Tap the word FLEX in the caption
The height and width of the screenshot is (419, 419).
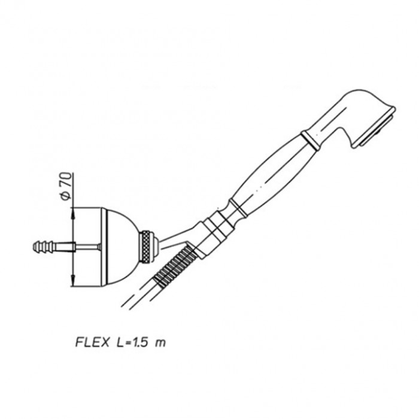tap(92, 342)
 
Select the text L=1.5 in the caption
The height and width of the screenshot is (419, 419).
tap(132, 342)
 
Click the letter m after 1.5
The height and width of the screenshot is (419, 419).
tap(160, 343)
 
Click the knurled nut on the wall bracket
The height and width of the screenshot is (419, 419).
tap(146, 247)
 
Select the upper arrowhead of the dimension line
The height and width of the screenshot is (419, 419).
tap(72, 214)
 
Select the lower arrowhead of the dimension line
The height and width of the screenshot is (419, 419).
tap(72, 280)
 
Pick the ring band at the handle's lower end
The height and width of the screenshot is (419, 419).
tap(238, 208)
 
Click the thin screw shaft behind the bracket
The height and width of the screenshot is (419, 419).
tap(87, 247)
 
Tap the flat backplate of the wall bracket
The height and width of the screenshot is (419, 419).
tap(104, 247)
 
